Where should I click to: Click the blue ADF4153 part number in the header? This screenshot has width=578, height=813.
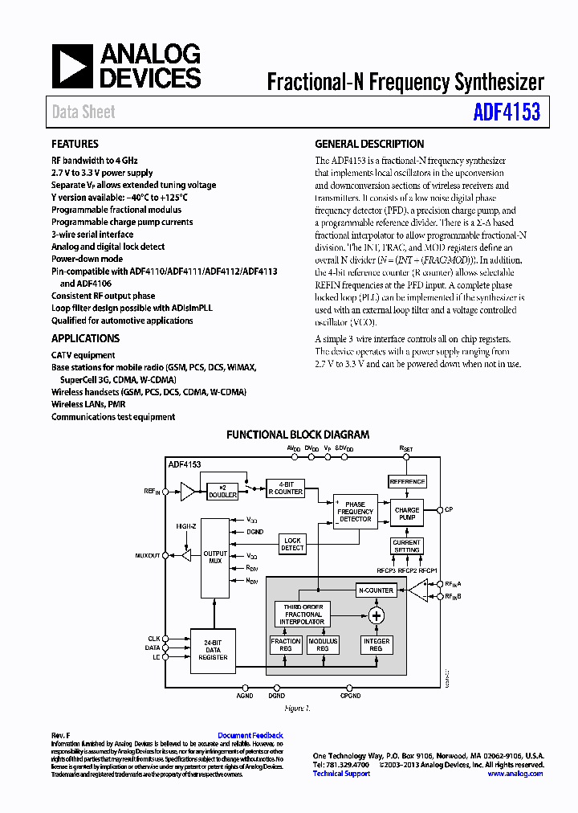pyautogui.click(x=507, y=112)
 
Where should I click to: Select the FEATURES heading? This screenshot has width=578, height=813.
pyautogui.click(x=75, y=144)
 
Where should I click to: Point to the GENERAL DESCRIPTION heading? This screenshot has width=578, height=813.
pyautogui.click(x=369, y=144)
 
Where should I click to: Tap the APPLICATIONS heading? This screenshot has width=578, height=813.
pyautogui.click(x=85, y=338)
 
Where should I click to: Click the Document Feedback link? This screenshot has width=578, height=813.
pyautogui.click(x=250, y=735)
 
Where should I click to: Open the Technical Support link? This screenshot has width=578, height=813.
pyautogui.click(x=341, y=774)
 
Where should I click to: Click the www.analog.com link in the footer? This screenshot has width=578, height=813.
pyautogui.click(x=515, y=774)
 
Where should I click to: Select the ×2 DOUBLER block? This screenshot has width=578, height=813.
pyautogui.click(x=222, y=492)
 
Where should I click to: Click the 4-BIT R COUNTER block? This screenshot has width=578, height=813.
pyautogui.click(x=285, y=488)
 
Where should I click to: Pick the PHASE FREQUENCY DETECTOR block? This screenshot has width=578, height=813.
pyautogui.click(x=355, y=512)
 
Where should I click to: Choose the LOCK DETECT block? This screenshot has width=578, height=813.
pyautogui.click(x=292, y=544)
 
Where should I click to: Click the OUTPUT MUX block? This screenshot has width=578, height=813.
pyautogui.click(x=214, y=558)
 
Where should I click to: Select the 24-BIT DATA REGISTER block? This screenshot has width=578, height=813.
pyautogui.click(x=213, y=650)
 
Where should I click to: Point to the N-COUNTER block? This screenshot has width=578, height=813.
pyautogui.click(x=375, y=590)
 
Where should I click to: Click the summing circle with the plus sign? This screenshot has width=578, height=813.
pyautogui.click(x=376, y=615)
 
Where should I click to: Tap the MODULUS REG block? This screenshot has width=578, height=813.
pyautogui.click(x=323, y=644)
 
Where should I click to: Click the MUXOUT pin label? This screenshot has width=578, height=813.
pyautogui.click(x=148, y=555)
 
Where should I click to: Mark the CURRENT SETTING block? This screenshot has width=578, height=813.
pyautogui.click(x=406, y=546)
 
